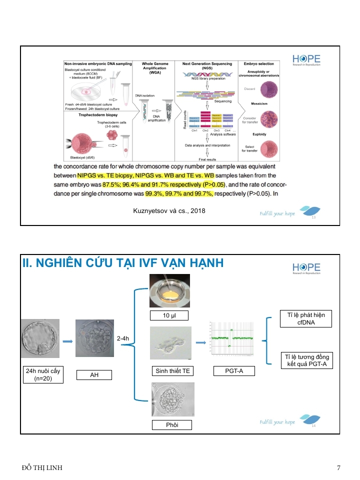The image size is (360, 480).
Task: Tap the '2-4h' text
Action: [x=123, y=339]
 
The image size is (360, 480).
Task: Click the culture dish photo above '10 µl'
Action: [x=170, y=291]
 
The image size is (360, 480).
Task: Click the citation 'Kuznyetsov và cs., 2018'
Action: [x=169, y=210]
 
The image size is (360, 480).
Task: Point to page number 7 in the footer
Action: [x=338, y=468]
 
